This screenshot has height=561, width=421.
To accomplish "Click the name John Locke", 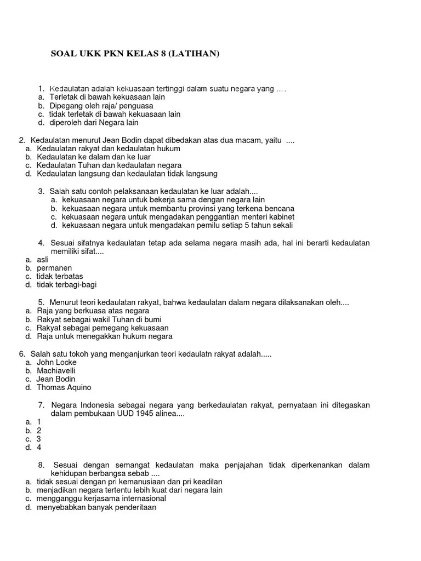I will [x=56, y=362].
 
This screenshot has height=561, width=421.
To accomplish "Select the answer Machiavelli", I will [x=56, y=370].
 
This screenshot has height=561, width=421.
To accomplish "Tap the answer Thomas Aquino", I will [x=64, y=387].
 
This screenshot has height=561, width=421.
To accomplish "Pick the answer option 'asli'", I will [x=43, y=259].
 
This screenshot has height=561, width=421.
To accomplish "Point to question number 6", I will [x=21, y=354].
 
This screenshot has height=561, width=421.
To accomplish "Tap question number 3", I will [x=41, y=191].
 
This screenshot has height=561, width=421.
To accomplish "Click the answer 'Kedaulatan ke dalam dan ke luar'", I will [x=93, y=157].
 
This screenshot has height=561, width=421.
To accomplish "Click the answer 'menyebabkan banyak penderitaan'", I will [x=96, y=507].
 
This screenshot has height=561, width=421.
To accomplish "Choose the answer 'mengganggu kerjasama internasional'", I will [x=101, y=499].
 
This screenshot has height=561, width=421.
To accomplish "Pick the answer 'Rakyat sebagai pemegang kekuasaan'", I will [x=103, y=328].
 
